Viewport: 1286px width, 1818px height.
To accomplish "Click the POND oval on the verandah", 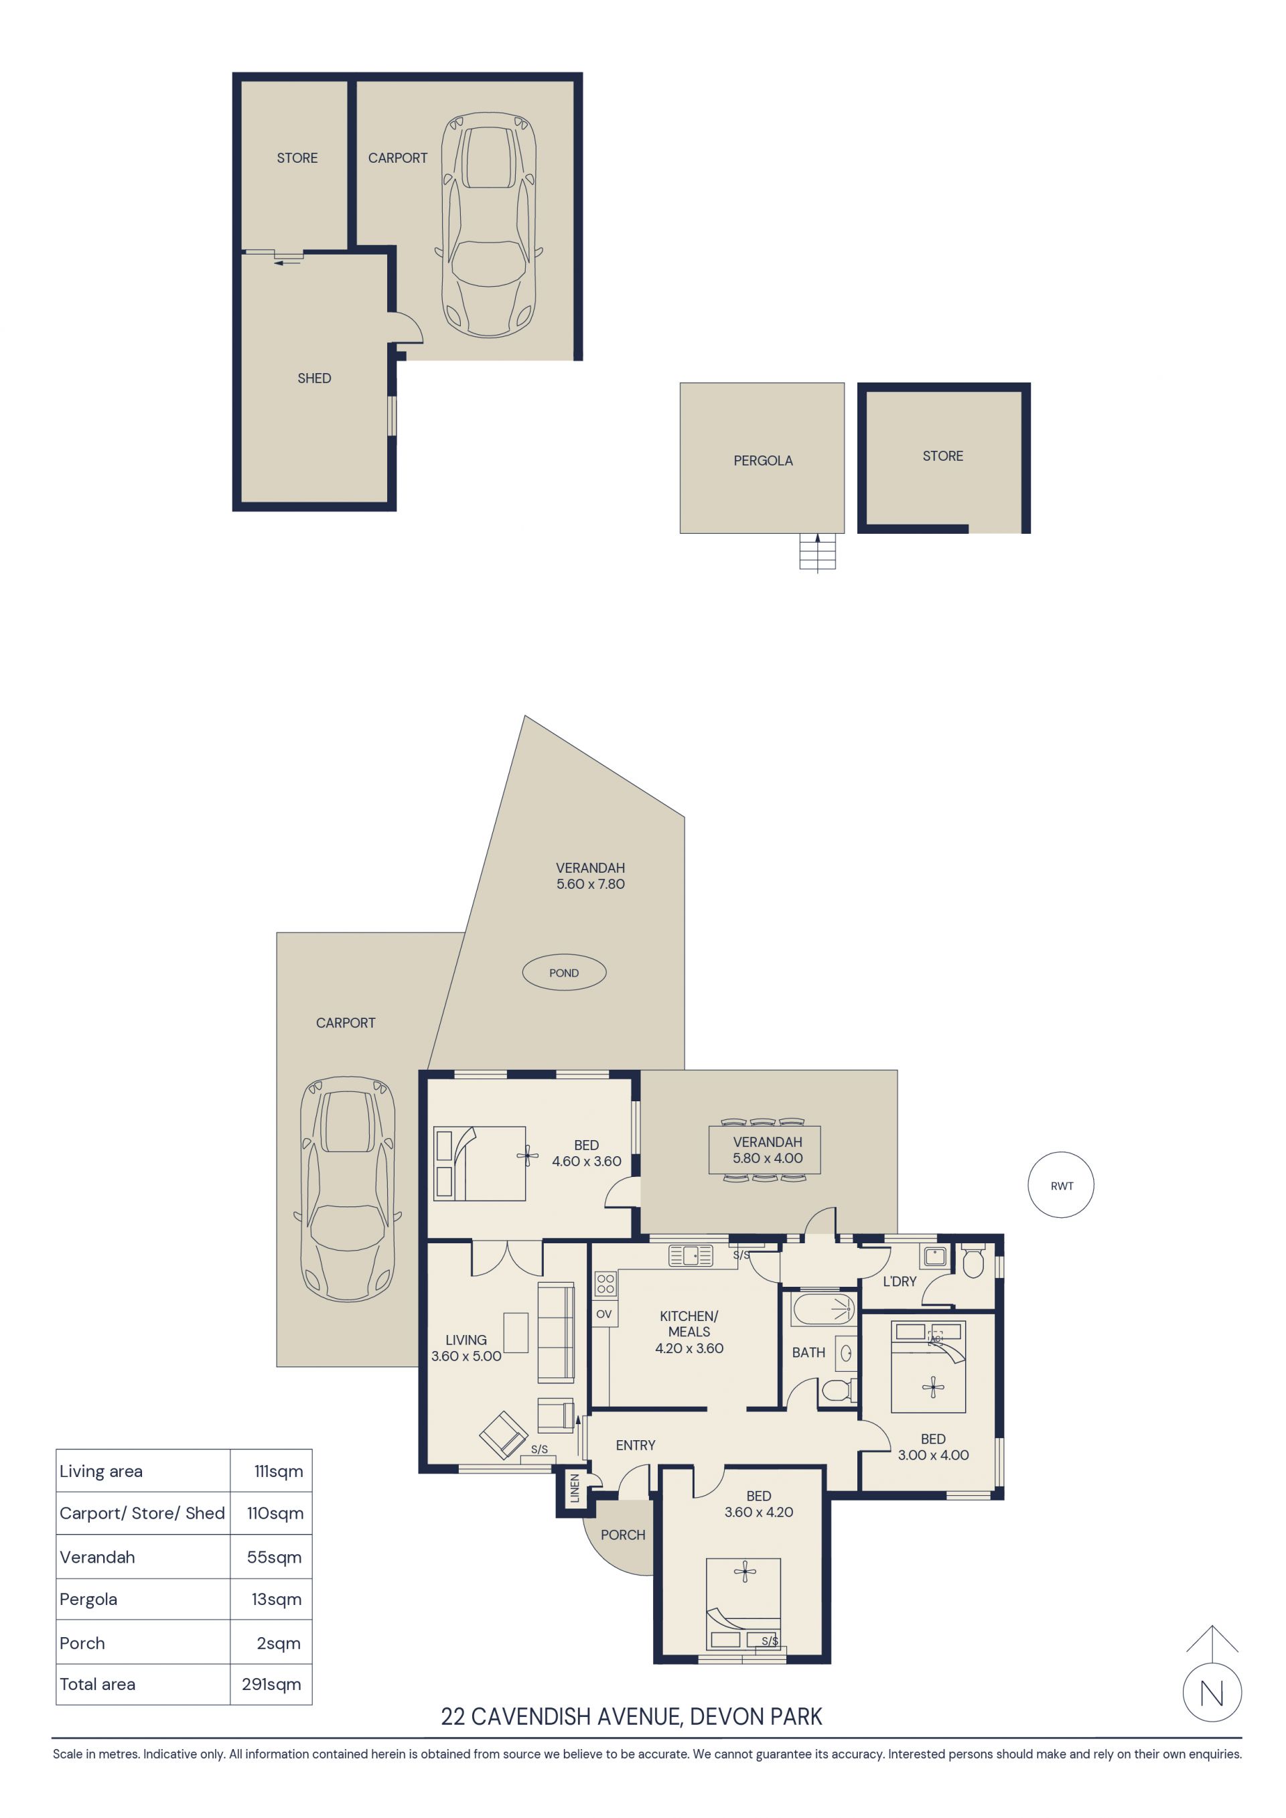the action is pos(564,973).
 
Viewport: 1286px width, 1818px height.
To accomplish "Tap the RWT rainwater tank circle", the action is pos(1061,1186).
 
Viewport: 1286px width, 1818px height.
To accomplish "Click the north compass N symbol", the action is pos(1212,1693).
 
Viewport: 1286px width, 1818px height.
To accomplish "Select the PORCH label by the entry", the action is pos(622,1535).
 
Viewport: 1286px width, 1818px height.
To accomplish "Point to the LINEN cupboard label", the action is pos(575,1488).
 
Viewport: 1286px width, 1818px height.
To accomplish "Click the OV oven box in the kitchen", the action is pos(604,1314).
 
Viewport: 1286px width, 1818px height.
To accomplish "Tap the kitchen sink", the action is pos(691,1256).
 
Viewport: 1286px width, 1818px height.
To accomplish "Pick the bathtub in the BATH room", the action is pos(824,1310).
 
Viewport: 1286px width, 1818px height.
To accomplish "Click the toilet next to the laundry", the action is pos(973,1261).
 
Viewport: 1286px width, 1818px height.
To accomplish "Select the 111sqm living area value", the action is pos(279,1471).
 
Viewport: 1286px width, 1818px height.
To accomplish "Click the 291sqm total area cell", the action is pos(272,1684).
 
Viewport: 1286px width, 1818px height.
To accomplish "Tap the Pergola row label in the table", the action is pos(88,1599).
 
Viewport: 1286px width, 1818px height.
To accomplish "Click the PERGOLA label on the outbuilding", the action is pos(763,461).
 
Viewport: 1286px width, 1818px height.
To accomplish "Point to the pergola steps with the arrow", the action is pos(817,552).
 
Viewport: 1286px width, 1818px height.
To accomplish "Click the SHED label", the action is pos(314,378).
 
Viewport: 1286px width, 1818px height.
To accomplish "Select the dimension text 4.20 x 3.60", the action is pos(689,1348).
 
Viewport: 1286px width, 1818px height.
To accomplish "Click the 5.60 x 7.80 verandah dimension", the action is pos(590,884).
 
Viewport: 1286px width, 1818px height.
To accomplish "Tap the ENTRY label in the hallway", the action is pos(635,1445).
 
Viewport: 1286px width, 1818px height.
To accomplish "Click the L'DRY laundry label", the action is pos(900,1281).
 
